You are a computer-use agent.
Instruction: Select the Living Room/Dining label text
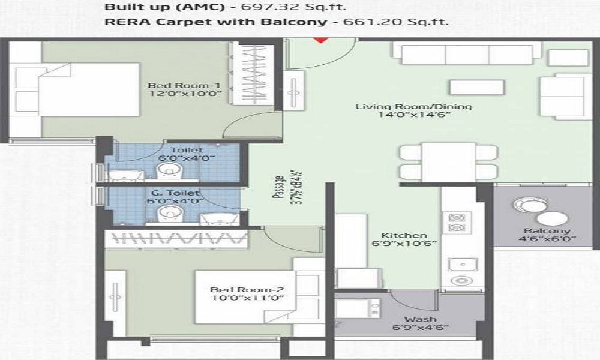(x=414, y=107)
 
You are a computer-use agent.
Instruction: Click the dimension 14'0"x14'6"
(x=414, y=116)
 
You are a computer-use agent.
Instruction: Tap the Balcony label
(x=545, y=231)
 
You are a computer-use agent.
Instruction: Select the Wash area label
(x=420, y=319)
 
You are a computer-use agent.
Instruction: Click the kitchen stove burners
(x=456, y=222)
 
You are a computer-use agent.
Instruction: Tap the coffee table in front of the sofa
(x=475, y=88)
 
